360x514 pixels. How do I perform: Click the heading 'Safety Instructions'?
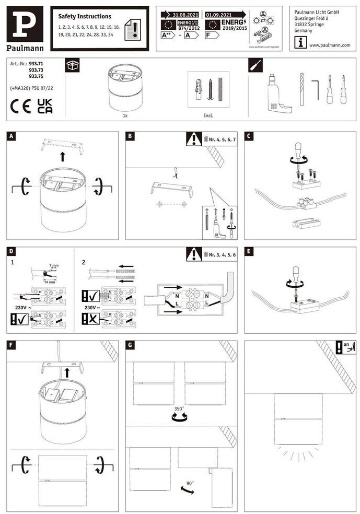(x=85, y=17)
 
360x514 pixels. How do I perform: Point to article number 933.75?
(x=36, y=76)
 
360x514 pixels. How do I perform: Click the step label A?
(x=11, y=136)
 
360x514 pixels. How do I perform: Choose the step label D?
(x=11, y=251)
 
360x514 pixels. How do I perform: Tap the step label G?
(x=131, y=345)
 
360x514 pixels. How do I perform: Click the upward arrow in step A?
(x=62, y=156)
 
